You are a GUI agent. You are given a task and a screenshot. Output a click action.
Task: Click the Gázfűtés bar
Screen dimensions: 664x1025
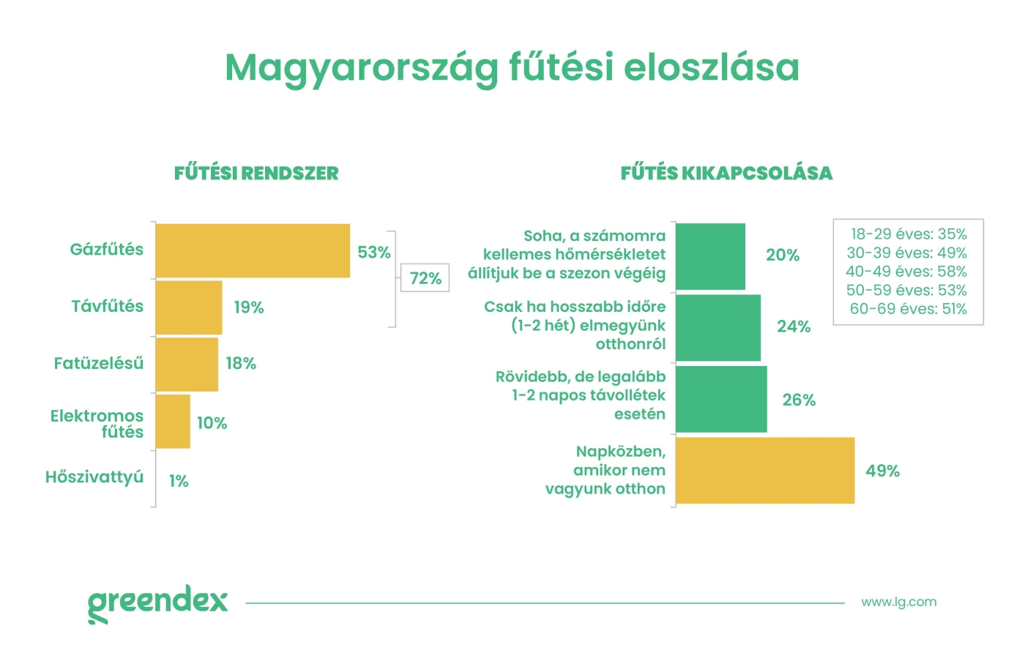253,250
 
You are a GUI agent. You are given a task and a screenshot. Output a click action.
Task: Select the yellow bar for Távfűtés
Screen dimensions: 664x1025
189,307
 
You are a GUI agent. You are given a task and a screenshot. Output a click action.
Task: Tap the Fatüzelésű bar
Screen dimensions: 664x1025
187,364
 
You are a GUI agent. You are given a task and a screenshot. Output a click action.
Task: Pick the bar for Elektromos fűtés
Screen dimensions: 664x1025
173,422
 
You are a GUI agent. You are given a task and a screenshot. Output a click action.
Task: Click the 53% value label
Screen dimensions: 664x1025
373,253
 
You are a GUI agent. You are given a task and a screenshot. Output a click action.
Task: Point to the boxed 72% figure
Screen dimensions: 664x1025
425,278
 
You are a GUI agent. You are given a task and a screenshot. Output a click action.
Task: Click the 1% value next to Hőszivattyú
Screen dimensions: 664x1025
179,481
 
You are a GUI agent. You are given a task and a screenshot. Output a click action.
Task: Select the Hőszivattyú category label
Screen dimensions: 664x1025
94,477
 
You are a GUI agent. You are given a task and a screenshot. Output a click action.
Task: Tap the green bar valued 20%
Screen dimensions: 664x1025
710,256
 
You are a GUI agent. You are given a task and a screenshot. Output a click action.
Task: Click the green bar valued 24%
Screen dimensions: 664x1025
717,327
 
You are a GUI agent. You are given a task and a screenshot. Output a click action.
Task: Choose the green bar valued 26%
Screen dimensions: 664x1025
721,399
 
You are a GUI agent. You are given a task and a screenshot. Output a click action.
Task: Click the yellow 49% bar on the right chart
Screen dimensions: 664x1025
764,471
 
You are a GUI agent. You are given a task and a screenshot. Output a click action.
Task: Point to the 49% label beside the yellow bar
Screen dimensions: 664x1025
882,471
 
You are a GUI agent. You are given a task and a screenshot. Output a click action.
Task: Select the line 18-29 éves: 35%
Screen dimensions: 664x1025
908,234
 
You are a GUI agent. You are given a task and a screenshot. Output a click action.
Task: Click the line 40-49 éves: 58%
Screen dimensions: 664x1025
906,272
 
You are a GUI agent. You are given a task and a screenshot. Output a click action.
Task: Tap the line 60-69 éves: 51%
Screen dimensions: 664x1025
908,309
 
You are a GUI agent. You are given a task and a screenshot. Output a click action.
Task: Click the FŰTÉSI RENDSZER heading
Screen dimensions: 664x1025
256,174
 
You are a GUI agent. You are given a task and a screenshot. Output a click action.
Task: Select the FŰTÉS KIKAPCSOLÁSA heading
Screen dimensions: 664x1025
726,174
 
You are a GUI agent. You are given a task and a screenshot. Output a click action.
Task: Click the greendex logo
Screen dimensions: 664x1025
157,603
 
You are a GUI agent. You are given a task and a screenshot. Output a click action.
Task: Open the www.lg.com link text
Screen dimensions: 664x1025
898,603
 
